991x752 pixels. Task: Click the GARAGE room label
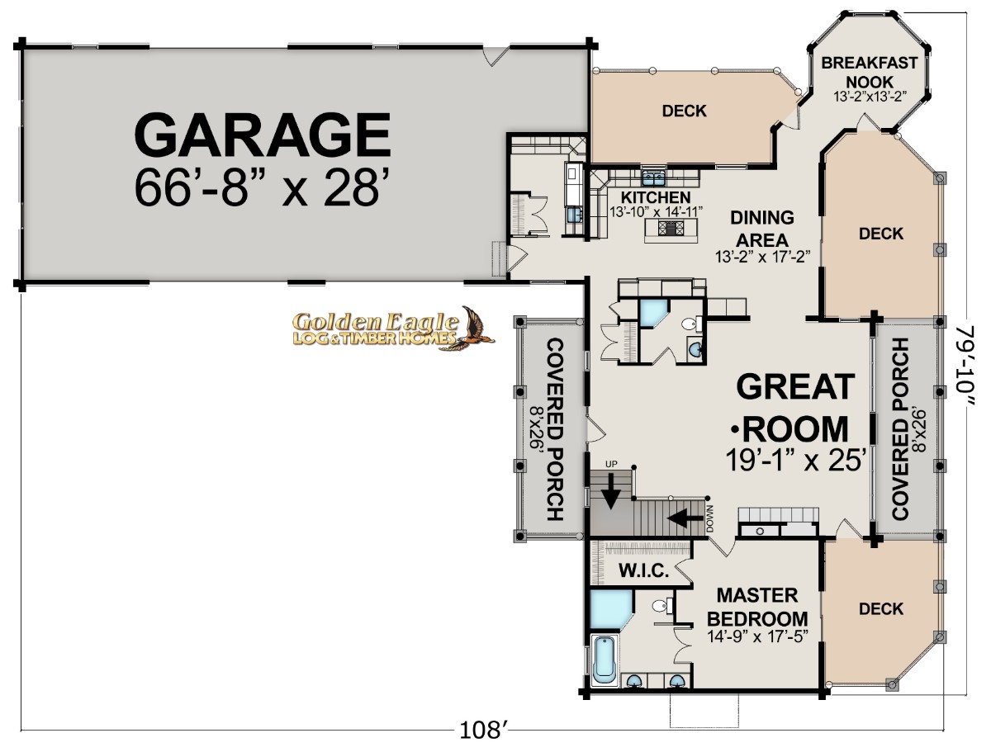[x=263, y=134]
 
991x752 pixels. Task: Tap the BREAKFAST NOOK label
[x=869, y=72]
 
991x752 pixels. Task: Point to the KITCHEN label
[x=656, y=197]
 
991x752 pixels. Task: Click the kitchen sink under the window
[x=654, y=178]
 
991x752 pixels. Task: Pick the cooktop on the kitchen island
[x=671, y=228]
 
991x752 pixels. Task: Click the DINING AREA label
[x=762, y=229]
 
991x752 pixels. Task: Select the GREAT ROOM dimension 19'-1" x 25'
[x=796, y=460]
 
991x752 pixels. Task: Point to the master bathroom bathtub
[x=603, y=660]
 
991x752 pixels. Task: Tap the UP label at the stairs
[x=611, y=464]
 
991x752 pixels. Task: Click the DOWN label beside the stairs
[x=710, y=518]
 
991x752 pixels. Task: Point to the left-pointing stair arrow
[x=685, y=518]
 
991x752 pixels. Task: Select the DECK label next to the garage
[x=684, y=111]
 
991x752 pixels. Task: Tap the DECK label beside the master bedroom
[x=881, y=609]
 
